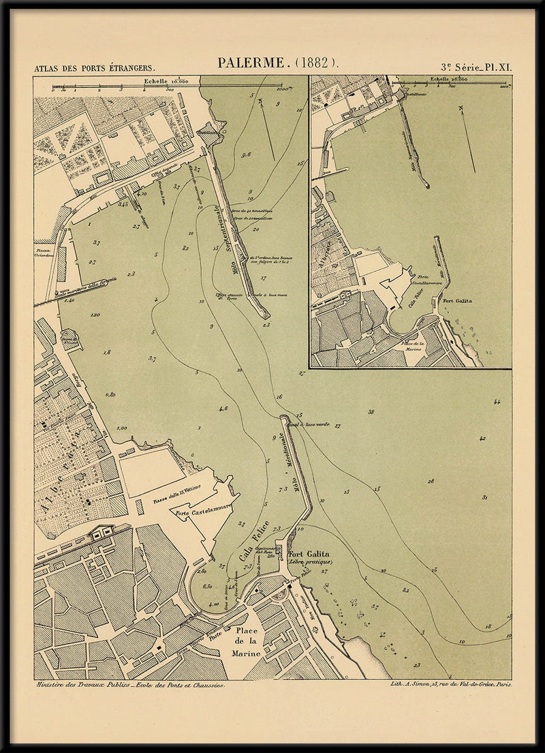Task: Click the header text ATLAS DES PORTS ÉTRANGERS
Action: (x=95, y=68)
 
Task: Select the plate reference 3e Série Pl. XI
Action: (x=476, y=68)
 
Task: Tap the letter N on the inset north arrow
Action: (x=461, y=108)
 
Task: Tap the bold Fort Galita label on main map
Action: (x=309, y=554)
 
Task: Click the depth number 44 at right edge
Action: (x=498, y=402)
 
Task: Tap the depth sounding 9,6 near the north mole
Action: (x=246, y=155)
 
